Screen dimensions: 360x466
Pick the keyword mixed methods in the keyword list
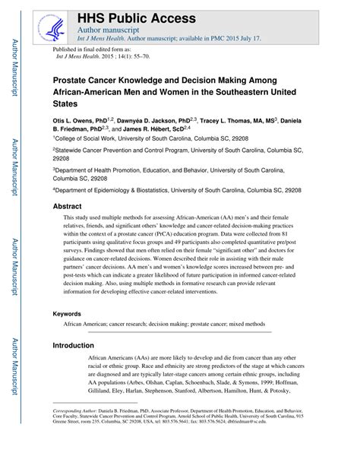248,324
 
